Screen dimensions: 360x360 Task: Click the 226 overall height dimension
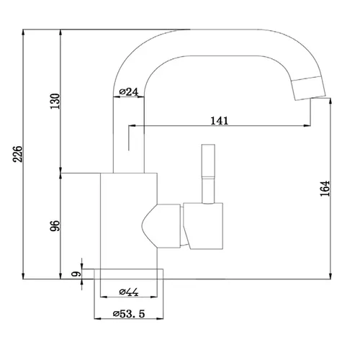point(17,154)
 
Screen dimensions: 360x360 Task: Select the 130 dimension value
point(55,101)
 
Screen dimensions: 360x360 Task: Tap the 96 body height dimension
point(55,225)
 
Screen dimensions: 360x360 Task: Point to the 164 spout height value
point(325,189)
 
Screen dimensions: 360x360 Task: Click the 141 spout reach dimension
point(220,121)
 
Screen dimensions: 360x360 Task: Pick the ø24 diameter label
point(129,91)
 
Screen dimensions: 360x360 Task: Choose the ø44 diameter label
point(129,292)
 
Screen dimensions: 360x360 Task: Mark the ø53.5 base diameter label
point(129,313)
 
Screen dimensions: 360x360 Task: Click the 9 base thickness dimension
point(76,274)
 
